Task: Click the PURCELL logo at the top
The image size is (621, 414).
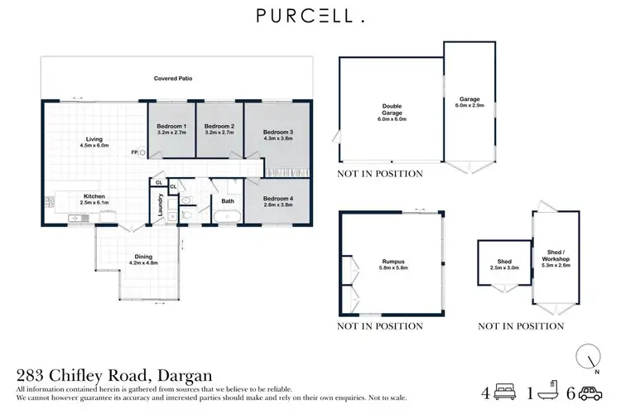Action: tap(310, 16)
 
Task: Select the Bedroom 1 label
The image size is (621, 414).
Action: tap(171, 126)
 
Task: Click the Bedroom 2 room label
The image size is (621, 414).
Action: tap(219, 126)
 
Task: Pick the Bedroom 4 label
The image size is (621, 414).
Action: tap(278, 199)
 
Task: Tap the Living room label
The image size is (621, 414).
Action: tap(94, 139)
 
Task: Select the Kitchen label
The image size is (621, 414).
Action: tap(94, 196)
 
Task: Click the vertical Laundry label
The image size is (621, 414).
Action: tap(161, 205)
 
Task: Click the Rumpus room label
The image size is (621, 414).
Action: tap(392, 264)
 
